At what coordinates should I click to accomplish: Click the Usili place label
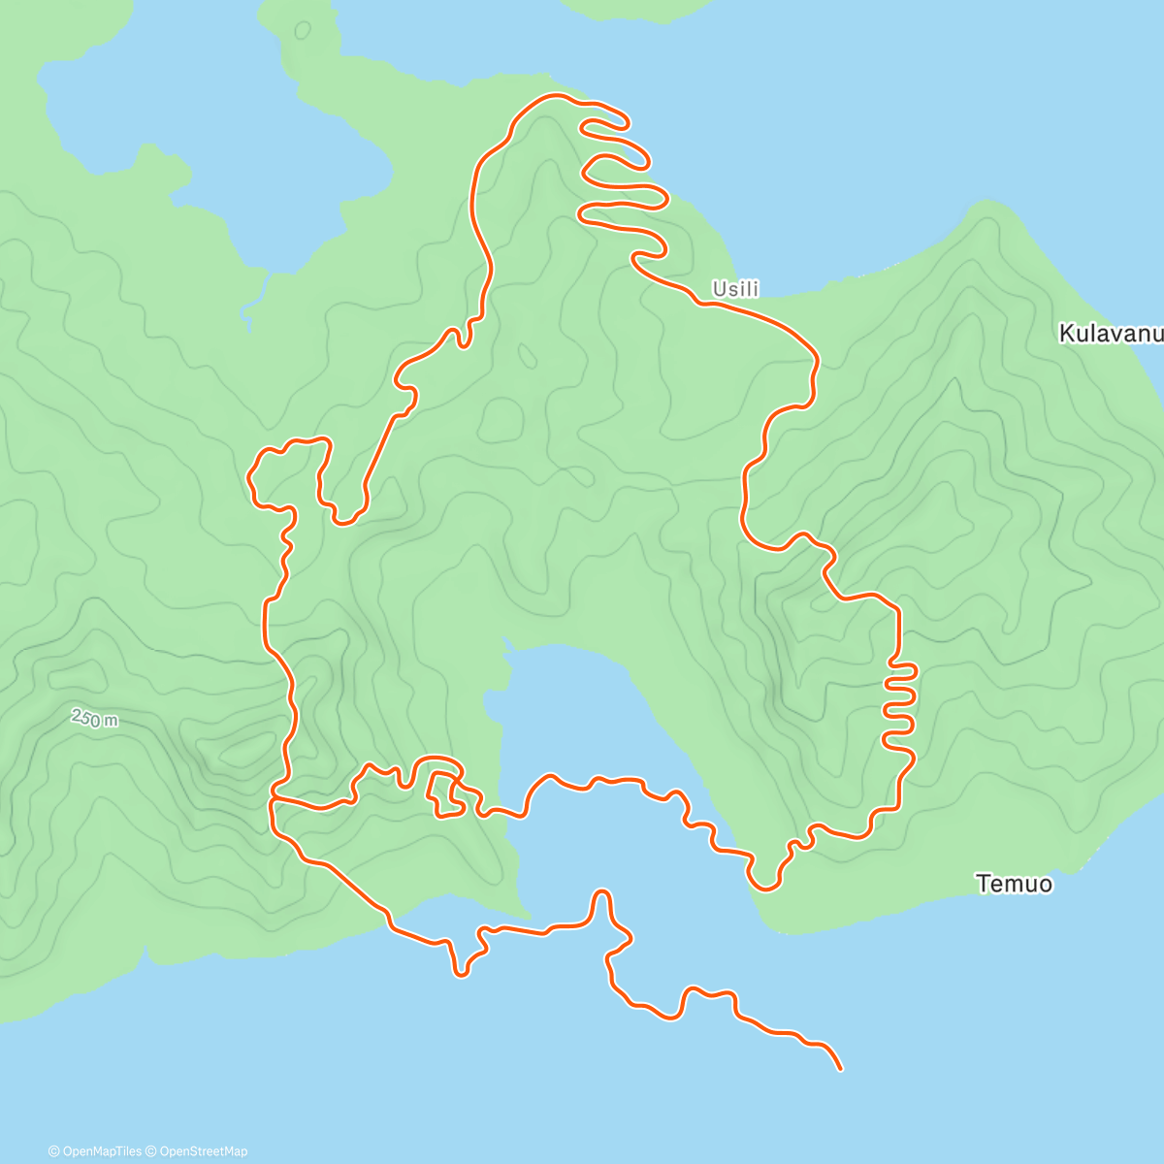[x=735, y=289]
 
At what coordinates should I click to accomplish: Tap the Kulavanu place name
[x=1110, y=334]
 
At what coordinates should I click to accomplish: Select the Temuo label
[x=1014, y=884]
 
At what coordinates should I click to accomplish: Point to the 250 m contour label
[x=94, y=719]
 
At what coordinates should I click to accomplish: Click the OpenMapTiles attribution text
[x=94, y=1151]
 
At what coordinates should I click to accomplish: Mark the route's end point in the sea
[x=840, y=1069]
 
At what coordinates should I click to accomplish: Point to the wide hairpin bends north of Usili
[x=621, y=175]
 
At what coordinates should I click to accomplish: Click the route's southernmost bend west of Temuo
[x=764, y=887]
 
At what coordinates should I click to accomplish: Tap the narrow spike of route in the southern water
[x=602, y=897]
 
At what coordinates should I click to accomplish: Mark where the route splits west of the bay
[x=275, y=798]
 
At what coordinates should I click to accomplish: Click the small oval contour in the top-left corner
[x=303, y=30]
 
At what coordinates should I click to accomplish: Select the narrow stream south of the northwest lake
[x=254, y=296]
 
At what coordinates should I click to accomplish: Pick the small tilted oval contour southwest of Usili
[x=527, y=357]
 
